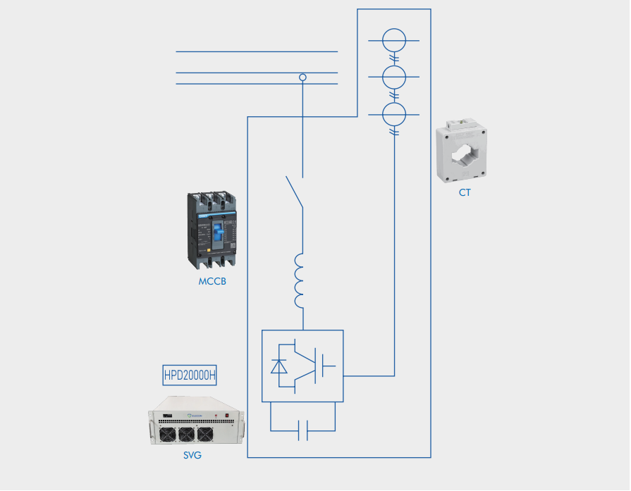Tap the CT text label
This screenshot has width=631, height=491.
[465, 192]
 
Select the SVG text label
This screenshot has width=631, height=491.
[192, 455]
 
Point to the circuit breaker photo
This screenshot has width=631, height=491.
[212, 230]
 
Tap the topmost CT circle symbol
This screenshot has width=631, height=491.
[394, 40]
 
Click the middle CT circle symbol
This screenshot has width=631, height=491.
[394, 76]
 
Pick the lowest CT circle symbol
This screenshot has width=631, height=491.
[394, 113]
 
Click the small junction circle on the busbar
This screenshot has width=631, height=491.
[303, 77]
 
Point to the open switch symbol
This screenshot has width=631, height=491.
[295, 192]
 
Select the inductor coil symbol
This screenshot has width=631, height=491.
[299, 280]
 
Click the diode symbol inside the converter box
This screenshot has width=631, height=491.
[279, 366]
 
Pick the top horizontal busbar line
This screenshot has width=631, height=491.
[257, 51]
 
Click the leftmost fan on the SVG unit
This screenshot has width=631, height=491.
[168, 434]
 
